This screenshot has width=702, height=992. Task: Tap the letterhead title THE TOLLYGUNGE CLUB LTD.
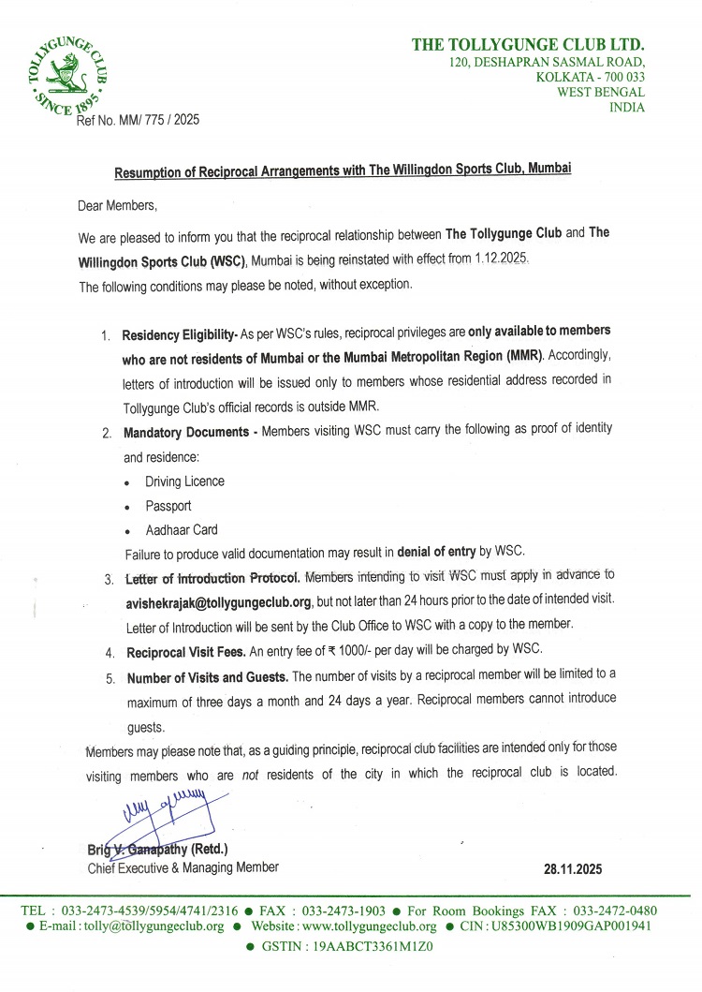[528, 45]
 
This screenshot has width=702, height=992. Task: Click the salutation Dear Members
[118, 204]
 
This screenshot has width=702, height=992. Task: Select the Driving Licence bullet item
[184, 481]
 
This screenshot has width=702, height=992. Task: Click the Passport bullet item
[168, 506]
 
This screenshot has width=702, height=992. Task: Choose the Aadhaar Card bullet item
[182, 529]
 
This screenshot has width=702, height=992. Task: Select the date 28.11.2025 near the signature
[573, 868]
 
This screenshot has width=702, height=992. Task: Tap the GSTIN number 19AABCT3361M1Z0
[372, 946]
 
